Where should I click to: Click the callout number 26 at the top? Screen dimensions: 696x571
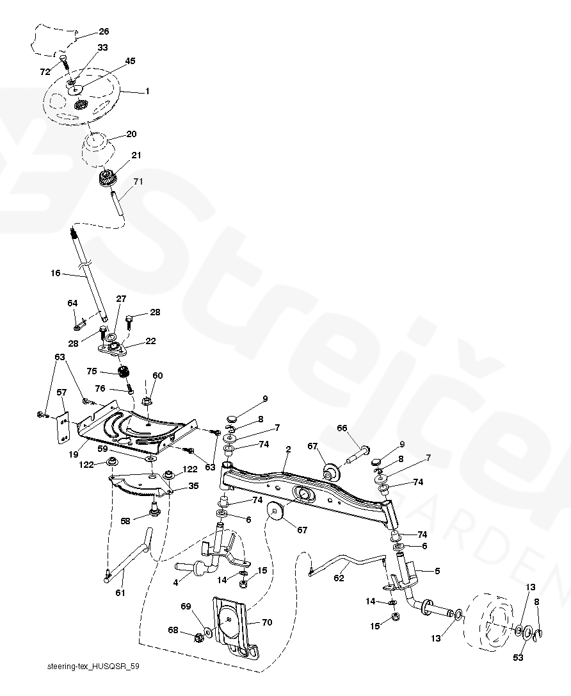pos(104,31)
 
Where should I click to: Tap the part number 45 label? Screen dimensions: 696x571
pos(130,61)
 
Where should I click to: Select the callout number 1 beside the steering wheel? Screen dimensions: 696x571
pos(147,92)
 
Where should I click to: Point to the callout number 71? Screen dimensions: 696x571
pos(138,181)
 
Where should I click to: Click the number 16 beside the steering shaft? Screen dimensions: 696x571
pos(55,274)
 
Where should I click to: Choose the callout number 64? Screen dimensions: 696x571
pos(72,302)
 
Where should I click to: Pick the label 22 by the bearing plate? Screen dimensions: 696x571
pos(150,341)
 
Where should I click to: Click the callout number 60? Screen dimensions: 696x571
pos(157,376)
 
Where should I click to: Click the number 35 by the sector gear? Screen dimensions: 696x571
pos(193,486)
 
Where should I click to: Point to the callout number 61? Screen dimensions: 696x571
pos(120,593)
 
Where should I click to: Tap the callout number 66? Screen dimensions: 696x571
pos(342,427)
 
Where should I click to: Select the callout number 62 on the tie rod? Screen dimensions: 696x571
pos(339,578)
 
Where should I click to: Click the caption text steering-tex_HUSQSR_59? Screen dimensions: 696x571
pos(93,667)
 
